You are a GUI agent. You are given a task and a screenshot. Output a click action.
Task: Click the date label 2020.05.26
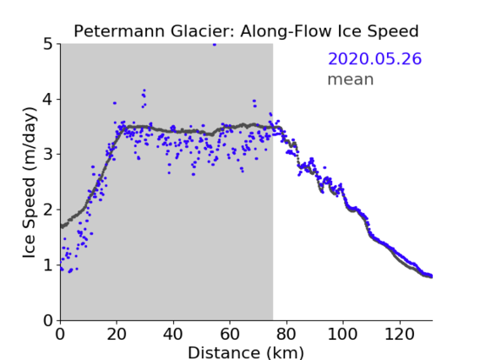click(374, 59)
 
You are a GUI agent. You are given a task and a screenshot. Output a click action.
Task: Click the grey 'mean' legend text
click(351, 79)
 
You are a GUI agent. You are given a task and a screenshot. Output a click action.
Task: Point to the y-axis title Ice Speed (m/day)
click(30, 183)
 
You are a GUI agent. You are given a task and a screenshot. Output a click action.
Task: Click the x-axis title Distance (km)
click(246, 352)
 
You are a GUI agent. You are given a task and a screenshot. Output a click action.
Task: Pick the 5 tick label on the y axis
click(48, 45)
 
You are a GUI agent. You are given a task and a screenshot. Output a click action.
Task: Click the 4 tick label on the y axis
click(48, 99)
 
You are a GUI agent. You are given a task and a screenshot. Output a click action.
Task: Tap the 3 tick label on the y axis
click(48, 155)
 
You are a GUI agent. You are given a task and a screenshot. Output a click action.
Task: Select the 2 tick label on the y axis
click(48, 210)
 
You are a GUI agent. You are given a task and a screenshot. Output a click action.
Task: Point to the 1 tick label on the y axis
click(48, 265)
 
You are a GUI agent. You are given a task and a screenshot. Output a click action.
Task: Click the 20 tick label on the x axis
click(117, 334)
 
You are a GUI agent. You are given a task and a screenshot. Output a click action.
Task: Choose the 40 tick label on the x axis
click(173, 334)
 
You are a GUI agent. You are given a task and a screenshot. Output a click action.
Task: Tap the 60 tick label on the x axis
click(230, 334)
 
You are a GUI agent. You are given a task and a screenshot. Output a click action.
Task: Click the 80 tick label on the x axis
click(286, 334)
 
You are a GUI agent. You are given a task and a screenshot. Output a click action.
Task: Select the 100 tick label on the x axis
click(342, 334)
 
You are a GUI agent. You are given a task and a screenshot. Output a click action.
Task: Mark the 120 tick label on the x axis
click(400, 334)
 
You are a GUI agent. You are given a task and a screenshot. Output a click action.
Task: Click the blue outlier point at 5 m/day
click(215, 45)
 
